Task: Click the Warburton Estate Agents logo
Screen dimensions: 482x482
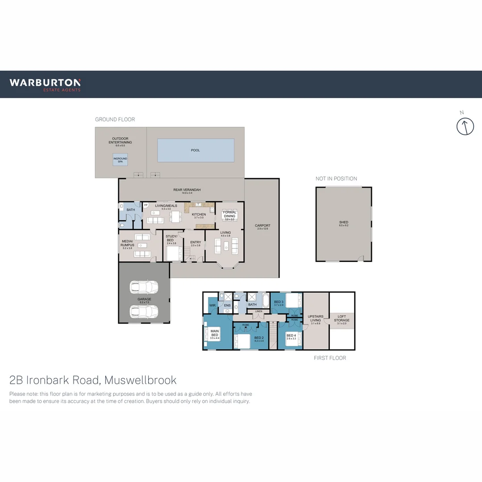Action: click(x=45, y=84)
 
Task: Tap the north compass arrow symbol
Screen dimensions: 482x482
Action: click(x=465, y=126)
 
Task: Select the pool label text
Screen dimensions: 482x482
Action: click(x=195, y=150)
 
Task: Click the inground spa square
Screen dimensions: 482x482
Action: click(x=120, y=159)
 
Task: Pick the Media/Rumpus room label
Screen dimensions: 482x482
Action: click(x=128, y=244)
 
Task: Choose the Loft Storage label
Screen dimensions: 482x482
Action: click(x=342, y=319)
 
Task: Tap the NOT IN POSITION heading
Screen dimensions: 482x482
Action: click(x=336, y=179)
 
